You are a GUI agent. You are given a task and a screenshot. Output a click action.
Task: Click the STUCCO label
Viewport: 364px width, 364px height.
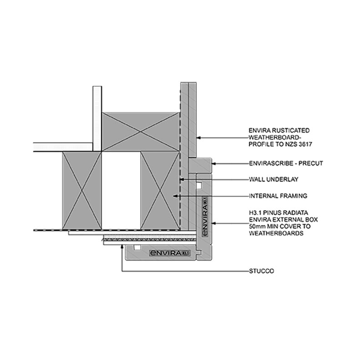tap(261, 271)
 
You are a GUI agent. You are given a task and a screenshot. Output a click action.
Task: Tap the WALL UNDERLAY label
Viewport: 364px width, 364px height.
tap(273, 179)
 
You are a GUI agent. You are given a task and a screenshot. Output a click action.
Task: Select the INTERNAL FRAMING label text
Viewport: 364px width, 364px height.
tap(278, 196)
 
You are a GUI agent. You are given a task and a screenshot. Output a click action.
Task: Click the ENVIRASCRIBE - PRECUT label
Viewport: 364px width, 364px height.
tap(286, 163)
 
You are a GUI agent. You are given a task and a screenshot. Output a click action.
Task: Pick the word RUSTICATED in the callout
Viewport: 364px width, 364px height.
tap(291, 131)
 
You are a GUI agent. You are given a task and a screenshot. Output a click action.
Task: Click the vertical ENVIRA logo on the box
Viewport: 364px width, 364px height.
tap(205, 217)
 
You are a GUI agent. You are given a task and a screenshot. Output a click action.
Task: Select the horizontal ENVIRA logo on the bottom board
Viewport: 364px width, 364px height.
tap(170, 253)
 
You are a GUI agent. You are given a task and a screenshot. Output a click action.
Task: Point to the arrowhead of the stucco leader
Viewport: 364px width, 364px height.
tap(122, 247)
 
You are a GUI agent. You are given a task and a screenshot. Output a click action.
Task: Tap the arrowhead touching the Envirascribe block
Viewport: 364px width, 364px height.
tap(214, 163)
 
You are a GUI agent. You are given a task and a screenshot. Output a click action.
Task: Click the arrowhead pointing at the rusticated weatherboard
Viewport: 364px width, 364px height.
tap(199, 138)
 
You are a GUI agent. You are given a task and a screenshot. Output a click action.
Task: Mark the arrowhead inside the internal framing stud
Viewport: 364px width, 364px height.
tap(176, 196)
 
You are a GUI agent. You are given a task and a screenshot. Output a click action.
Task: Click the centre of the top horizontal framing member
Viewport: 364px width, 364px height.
tap(141, 132)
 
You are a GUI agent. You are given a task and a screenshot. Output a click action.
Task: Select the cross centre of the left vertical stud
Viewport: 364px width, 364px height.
tap(82, 191)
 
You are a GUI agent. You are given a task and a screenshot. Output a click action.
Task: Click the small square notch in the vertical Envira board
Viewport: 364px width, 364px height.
tap(199, 185)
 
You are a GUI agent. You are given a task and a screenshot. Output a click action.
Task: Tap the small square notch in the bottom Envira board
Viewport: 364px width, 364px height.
tap(137, 248)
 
